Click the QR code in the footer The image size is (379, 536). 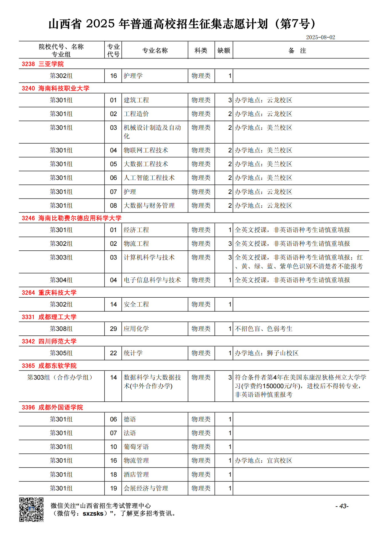(31, 509)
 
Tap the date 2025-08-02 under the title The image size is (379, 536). (320, 37)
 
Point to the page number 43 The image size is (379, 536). (342, 506)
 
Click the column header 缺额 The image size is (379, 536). (224, 50)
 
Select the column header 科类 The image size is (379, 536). (201, 50)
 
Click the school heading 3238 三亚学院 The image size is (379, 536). (43, 64)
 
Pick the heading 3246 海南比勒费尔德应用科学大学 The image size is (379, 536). (72, 218)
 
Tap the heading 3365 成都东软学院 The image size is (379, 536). (49, 366)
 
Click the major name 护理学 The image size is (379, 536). (133, 76)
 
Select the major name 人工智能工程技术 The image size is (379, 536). (149, 178)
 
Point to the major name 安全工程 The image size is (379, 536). (136, 304)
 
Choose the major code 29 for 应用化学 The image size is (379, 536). (113, 329)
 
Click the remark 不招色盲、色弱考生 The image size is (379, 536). (264, 329)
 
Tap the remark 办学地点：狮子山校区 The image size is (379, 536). (267, 353)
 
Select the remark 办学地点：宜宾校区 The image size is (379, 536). (264, 460)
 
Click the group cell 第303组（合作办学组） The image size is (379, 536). (61, 377)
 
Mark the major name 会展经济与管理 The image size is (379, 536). (146, 488)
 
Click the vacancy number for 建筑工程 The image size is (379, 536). (230, 100)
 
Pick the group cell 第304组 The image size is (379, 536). (61, 280)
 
